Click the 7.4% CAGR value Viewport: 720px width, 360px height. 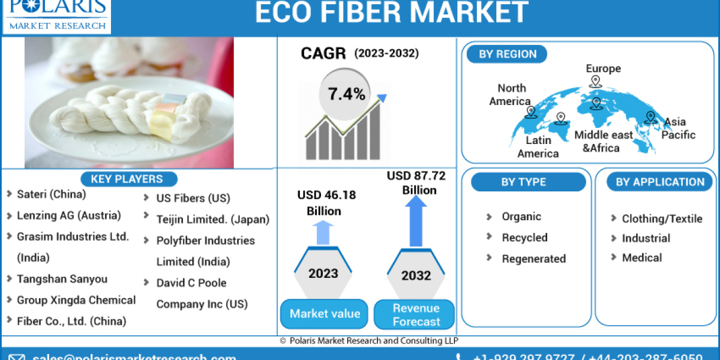click(x=346, y=94)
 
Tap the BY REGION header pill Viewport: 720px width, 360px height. click(x=508, y=54)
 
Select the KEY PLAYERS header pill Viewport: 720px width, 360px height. click(x=127, y=179)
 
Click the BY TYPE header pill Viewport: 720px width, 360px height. click(x=523, y=182)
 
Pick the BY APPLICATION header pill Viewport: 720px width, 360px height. click(x=660, y=182)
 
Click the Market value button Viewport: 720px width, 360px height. click(x=325, y=314)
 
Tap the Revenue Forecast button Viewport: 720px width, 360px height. click(x=416, y=314)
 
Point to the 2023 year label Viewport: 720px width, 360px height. click(x=323, y=274)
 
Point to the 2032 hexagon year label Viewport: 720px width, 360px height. click(x=416, y=275)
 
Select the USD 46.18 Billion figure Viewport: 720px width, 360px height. click(x=326, y=203)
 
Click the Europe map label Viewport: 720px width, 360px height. click(x=603, y=68)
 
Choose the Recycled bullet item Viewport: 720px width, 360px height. click(x=524, y=238)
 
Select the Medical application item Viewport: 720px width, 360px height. click(x=641, y=257)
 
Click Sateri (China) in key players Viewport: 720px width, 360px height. click(x=51, y=194)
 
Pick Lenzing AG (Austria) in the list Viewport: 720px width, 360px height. click(x=68, y=215)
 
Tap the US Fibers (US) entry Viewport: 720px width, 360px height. click(x=193, y=198)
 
